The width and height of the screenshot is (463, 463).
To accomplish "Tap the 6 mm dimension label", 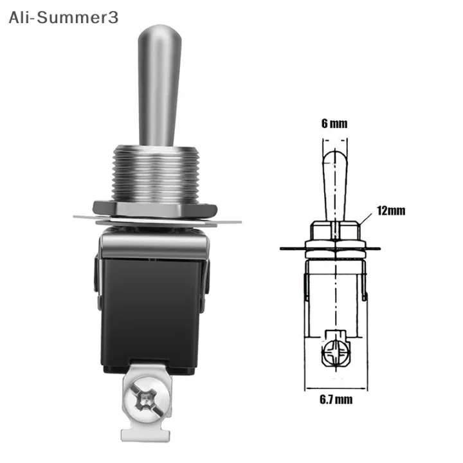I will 333,123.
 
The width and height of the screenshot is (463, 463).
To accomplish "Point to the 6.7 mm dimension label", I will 335,399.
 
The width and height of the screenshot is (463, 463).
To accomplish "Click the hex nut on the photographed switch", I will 156,208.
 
